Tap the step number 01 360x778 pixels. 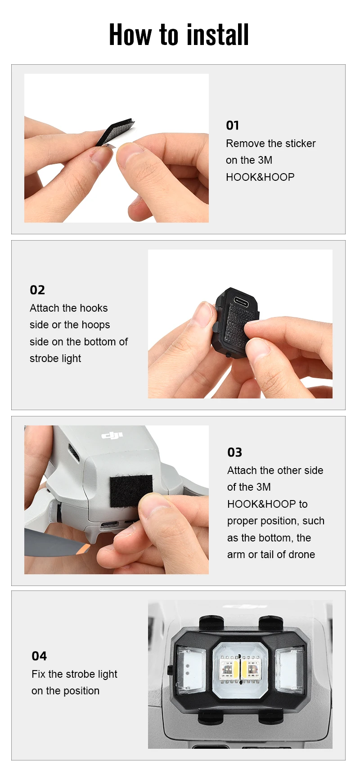click(x=232, y=125)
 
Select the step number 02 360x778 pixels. click(x=37, y=290)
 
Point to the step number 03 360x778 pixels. click(x=234, y=452)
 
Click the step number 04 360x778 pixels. click(x=39, y=656)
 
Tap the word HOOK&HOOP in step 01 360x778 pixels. click(x=260, y=177)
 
